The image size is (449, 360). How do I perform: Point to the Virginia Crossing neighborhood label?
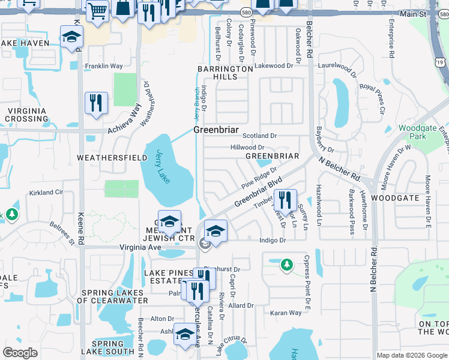click(x=26, y=114)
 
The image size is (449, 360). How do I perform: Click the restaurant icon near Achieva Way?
click(x=96, y=103)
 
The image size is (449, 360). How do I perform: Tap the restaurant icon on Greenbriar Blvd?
click(x=285, y=200)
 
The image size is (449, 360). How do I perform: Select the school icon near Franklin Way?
click(x=71, y=37)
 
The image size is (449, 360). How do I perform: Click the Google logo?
click(x=20, y=353)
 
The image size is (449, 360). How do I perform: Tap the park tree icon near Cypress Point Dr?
click(x=287, y=264)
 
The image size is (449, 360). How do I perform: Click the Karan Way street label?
click(x=286, y=313)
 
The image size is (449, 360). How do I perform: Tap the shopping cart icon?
click(x=97, y=10)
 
